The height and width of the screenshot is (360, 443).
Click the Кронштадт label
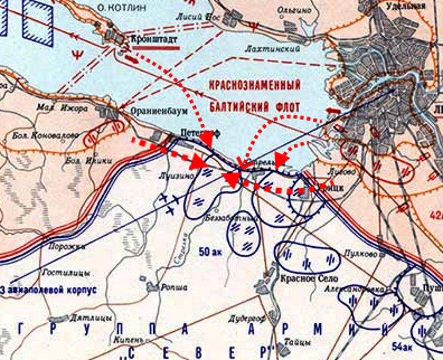155,39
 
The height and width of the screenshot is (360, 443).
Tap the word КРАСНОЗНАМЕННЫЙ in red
255,85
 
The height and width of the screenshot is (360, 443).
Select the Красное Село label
303,279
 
